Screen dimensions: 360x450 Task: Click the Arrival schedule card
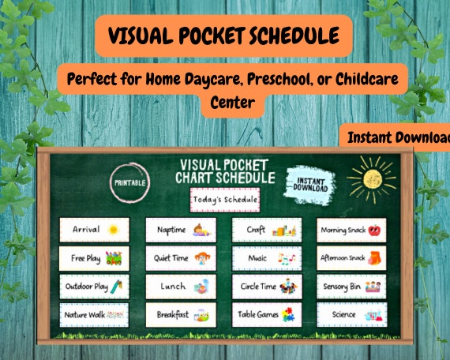pyautogui.click(x=93, y=230)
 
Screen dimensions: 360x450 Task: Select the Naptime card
pyautogui.click(x=181, y=230)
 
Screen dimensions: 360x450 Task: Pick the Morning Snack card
pyautogui.click(x=351, y=230)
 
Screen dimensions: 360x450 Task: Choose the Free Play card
pyautogui.click(x=93, y=258)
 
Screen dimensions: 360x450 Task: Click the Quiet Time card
pyautogui.click(x=181, y=258)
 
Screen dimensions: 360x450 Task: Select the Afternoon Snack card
pyautogui.click(x=351, y=258)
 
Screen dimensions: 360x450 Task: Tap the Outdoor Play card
pyautogui.click(x=93, y=286)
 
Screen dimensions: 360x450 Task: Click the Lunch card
pyautogui.click(x=181, y=286)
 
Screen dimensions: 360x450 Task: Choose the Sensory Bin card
pyautogui.click(x=351, y=286)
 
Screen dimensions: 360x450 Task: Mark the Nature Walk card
pyautogui.click(x=93, y=314)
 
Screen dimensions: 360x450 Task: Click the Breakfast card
pyautogui.click(x=181, y=314)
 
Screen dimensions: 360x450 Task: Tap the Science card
pyautogui.click(x=351, y=314)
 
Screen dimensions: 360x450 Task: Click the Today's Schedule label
pyautogui.click(x=225, y=199)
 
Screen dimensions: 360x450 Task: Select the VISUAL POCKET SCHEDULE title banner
pyautogui.click(x=223, y=36)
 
